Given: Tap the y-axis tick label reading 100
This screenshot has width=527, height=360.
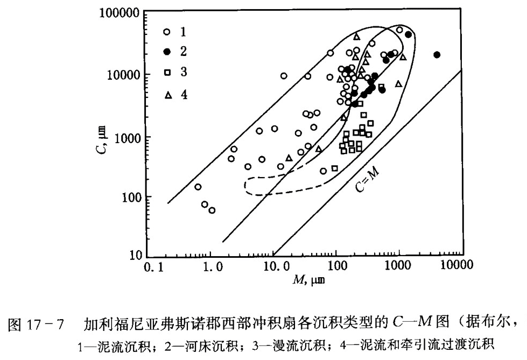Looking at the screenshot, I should (x=130, y=197).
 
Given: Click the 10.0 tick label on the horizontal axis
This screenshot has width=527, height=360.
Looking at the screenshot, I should (x=275, y=266).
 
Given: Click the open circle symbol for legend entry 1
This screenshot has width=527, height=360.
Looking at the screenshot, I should (x=167, y=32).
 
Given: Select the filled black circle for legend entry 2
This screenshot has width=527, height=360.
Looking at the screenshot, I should (x=167, y=52).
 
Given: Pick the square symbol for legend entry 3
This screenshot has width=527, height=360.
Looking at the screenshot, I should (x=167, y=73).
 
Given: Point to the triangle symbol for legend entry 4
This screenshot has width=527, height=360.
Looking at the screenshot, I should (x=168, y=95).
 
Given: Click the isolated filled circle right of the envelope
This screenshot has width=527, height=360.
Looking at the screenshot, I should (x=437, y=54).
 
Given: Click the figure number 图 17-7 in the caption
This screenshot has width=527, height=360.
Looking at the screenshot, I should (x=34, y=325).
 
